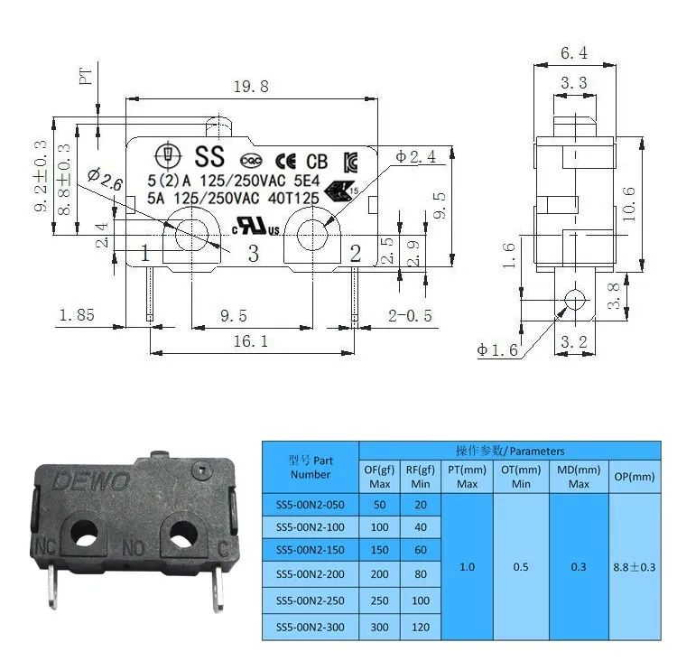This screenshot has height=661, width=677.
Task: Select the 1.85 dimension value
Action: [x=77, y=315]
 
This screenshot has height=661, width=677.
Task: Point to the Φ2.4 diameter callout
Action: [x=416, y=156]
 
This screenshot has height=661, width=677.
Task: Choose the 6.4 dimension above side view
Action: [x=574, y=53]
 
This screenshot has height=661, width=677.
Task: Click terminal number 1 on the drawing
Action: [x=144, y=253]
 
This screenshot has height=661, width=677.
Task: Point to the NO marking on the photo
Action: [x=134, y=548]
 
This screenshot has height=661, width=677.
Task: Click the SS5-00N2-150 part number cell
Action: [x=310, y=550]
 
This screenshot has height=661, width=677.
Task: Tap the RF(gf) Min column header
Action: [x=420, y=476]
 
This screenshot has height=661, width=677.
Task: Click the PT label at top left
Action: [x=87, y=77]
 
